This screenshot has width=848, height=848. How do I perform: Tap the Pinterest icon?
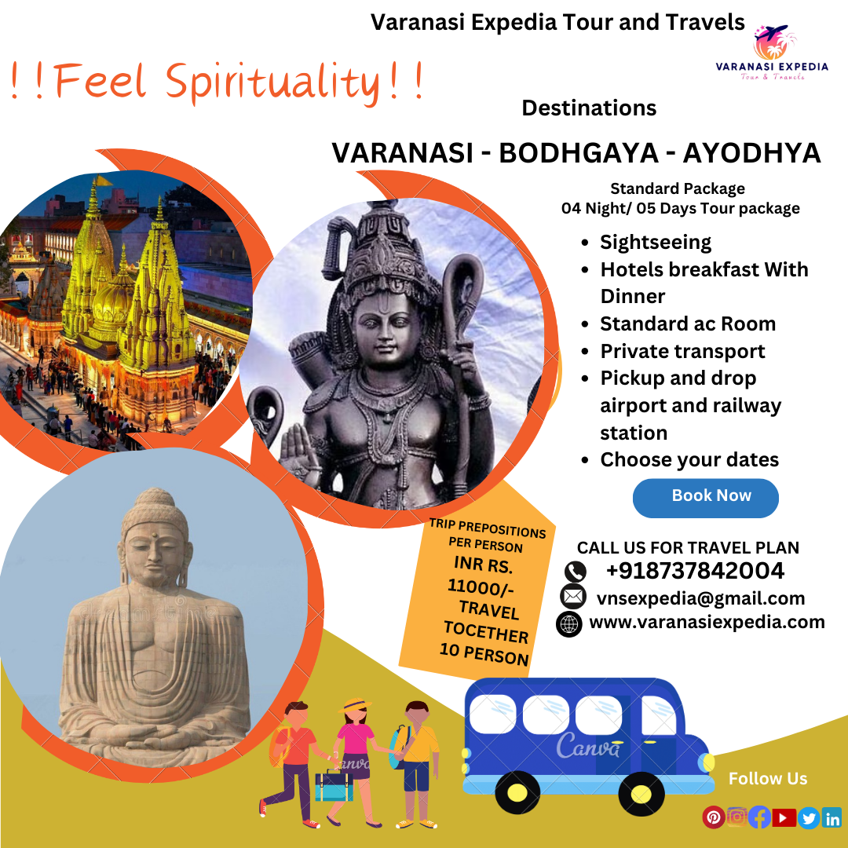(x=713, y=817)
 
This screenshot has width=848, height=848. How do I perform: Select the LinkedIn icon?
(x=832, y=817)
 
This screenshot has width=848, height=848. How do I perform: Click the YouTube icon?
(x=784, y=817)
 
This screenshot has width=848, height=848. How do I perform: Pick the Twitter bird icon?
(x=809, y=817)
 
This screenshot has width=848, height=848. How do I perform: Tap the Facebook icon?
(x=759, y=817)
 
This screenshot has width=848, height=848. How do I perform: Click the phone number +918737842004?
(x=695, y=571)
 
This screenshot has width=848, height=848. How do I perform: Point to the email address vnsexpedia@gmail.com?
(x=701, y=598)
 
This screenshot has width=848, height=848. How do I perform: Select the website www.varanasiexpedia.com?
(x=707, y=622)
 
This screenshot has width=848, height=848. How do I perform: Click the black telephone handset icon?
(x=575, y=571)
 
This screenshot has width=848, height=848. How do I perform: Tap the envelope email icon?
(x=573, y=597)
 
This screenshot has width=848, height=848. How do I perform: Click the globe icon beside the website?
(x=569, y=624)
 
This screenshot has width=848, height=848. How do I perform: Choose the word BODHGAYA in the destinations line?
(x=579, y=152)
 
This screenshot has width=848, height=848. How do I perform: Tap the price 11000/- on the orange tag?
(x=481, y=587)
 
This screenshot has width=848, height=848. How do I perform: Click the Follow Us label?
(x=767, y=778)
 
